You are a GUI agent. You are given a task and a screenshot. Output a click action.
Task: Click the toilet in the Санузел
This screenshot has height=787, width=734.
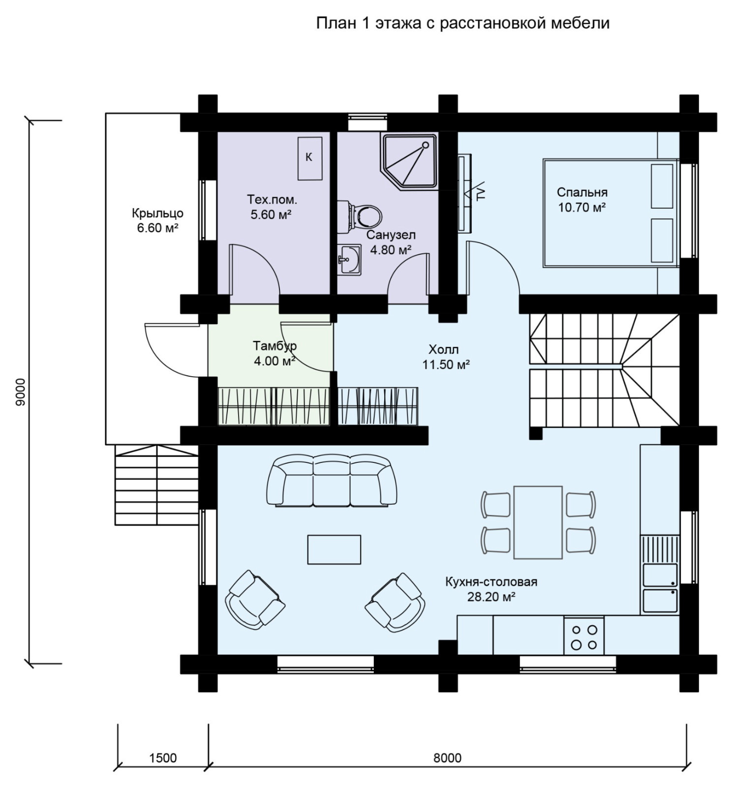[365, 215]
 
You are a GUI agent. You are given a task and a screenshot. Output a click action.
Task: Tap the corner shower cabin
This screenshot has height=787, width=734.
[409, 161]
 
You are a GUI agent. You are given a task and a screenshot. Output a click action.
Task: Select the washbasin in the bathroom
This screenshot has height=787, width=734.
[349, 259]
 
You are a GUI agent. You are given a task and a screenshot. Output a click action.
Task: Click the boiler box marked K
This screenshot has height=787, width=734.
[309, 158]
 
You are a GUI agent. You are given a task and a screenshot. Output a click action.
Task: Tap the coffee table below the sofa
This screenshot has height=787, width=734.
[334, 549]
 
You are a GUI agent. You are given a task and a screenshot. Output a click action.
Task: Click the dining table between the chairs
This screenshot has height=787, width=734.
[538, 522]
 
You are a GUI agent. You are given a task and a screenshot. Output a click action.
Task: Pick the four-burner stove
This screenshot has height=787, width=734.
[584, 636]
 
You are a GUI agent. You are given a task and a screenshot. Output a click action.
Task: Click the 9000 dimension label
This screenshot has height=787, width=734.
[20, 392]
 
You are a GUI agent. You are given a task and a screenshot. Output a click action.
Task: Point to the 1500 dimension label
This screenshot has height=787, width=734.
[163, 757]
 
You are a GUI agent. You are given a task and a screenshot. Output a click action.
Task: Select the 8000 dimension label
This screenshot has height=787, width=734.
[448, 757]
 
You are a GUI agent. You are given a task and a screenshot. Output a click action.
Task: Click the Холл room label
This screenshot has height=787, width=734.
[444, 350]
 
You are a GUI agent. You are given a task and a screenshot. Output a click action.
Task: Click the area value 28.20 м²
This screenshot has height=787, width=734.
[491, 597]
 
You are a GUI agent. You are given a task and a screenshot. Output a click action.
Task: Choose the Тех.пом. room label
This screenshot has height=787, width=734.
[272, 200]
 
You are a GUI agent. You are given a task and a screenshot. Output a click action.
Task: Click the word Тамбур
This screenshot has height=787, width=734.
[275, 346]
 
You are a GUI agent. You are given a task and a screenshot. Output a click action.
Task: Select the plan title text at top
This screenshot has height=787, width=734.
[462, 23]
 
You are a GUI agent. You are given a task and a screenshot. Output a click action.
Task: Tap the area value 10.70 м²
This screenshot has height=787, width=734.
[581, 208]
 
